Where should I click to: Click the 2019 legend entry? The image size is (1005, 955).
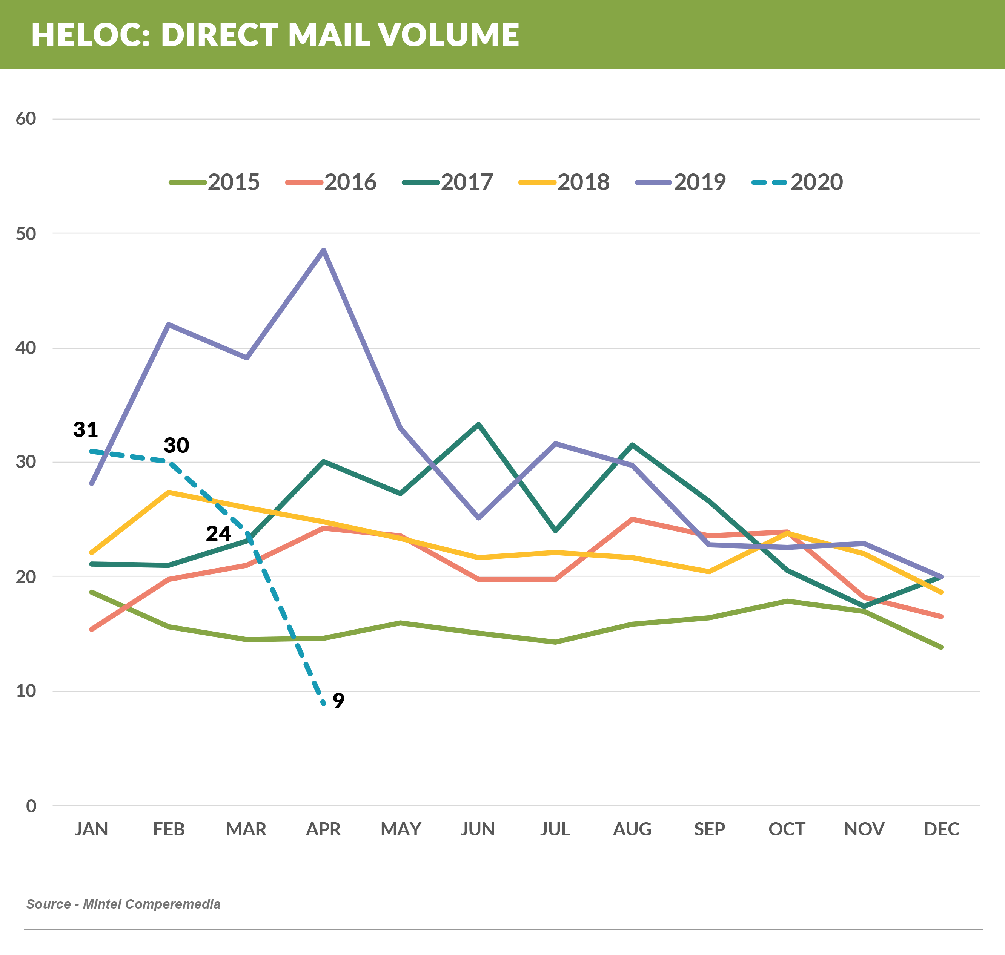point(681,182)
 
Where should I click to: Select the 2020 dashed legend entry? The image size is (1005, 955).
point(797,182)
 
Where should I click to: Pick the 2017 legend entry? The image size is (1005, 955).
point(448,182)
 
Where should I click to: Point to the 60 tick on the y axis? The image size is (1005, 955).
point(26,119)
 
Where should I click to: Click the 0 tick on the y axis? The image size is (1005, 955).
point(31,806)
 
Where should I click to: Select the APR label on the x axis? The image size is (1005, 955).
point(323,829)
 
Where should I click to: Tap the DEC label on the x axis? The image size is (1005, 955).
point(941,829)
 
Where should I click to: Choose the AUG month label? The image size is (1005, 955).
point(632,829)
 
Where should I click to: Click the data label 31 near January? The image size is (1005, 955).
point(86,430)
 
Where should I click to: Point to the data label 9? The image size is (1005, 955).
point(338,701)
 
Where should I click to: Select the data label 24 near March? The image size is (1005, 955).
point(218,533)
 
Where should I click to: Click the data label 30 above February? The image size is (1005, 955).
point(176,445)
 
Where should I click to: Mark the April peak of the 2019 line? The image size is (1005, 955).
point(323,250)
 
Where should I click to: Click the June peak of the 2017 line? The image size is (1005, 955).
point(478,424)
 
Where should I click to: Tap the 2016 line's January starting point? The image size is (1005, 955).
point(92,630)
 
